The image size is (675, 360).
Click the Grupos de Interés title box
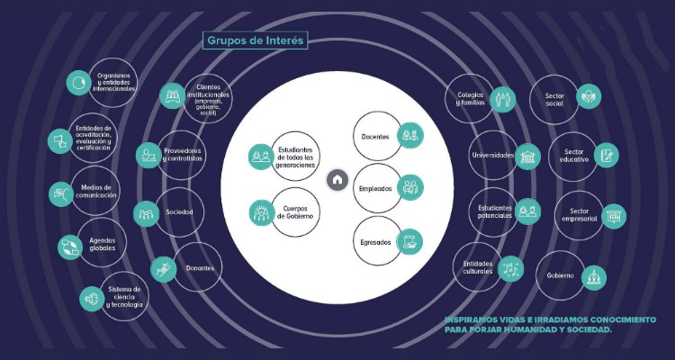(256, 40)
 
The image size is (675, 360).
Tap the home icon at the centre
(337, 179)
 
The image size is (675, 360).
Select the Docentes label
(374, 136)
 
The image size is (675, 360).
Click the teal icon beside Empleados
(410, 187)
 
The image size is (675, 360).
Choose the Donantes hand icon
(164, 267)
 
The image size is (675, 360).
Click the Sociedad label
(179, 212)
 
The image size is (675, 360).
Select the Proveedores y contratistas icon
(148, 156)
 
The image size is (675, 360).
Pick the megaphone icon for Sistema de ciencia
(91, 298)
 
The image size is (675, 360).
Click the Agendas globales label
(102, 246)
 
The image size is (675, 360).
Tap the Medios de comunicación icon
(60, 192)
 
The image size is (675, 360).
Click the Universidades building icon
(528, 157)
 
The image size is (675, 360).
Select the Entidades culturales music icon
(511, 267)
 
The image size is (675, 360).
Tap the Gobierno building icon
(594, 276)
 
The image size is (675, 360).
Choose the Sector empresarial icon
(615, 216)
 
